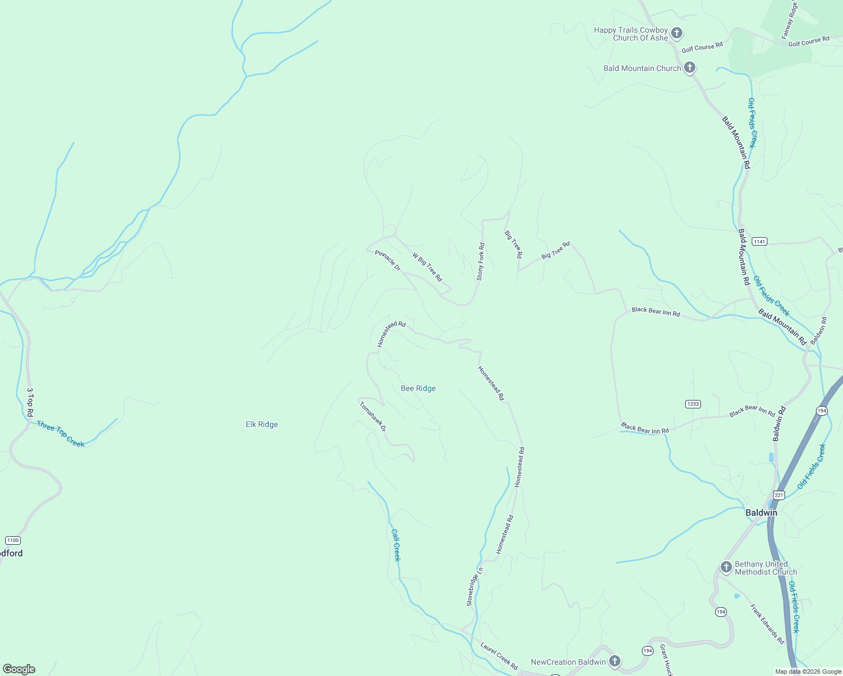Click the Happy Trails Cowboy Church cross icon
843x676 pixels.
[677, 33]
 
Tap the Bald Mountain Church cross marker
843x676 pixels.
[689, 68]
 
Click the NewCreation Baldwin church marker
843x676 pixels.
[615, 661]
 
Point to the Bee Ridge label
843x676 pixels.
[418, 388]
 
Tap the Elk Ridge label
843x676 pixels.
[261, 424]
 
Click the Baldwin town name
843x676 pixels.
[761, 513]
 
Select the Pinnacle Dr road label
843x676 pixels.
[388, 261]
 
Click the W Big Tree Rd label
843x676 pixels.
[427, 267]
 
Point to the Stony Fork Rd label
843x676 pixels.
[481, 261]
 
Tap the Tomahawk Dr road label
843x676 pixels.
[372, 416]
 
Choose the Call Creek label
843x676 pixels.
[396, 545]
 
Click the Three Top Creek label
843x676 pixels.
[60, 434]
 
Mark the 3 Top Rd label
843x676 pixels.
[30, 402]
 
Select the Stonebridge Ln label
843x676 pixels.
[474, 586]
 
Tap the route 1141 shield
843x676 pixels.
[759, 241]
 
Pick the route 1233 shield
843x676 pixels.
[693, 404]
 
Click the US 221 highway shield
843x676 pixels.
[779, 495]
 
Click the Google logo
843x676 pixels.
[19, 669]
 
